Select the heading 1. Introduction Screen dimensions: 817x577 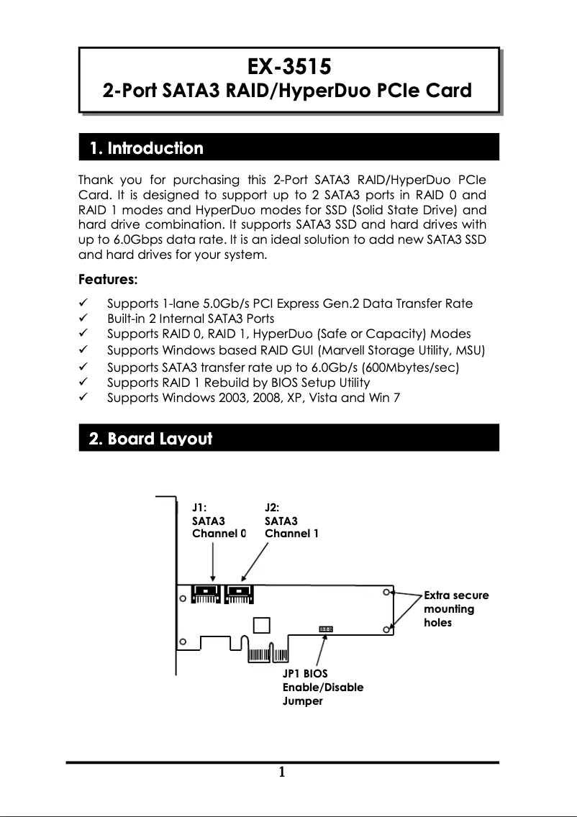coord(146,149)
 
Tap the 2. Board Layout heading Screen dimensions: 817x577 coord(150,439)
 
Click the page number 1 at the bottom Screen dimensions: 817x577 coord(282,773)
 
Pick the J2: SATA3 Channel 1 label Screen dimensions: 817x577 coord(291,520)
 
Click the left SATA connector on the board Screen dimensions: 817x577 coord(206,595)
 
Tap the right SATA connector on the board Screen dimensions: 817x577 coord(238,595)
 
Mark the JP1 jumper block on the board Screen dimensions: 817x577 coord(326,629)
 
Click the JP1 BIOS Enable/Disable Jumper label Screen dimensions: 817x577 coord(322,687)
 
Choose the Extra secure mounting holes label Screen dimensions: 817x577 coord(456,609)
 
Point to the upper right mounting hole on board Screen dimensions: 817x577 coord(387,593)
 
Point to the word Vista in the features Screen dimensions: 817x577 coord(322,398)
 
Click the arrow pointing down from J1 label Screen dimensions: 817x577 coord(213,561)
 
